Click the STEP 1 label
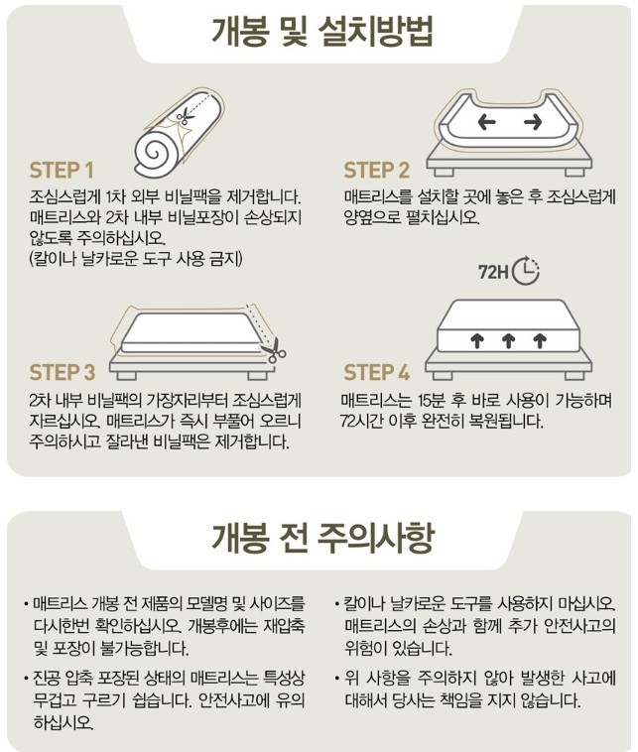tap(62, 171)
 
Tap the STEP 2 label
tap(377, 171)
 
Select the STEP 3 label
tap(63, 373)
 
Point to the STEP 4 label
tap(377, 373)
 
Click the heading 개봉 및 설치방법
tap(322, 32)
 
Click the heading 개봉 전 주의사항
tap(322, 537)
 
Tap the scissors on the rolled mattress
tap(185, 116)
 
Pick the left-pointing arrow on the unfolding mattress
tap(486, 122)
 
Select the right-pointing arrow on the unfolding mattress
tap(533, 122)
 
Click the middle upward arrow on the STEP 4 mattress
tap(508, 341)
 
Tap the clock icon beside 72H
tap(526, 271)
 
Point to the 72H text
tap(493, 273)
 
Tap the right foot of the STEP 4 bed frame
tap(574, 375)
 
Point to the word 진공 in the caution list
tap(46, 679)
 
